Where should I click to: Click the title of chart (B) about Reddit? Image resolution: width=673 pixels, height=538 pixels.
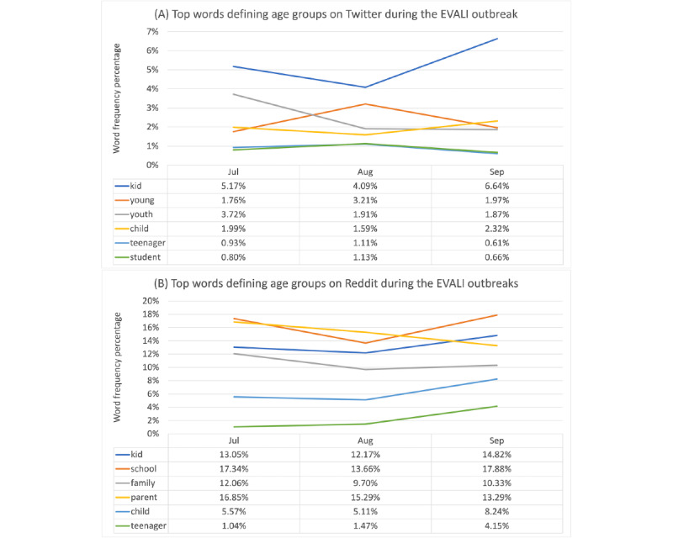click(x=336, y=283)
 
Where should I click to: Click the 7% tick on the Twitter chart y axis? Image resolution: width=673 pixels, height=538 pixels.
click(x=153, y=31)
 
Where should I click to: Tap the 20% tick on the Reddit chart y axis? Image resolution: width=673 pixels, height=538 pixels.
click(x=151, y=301)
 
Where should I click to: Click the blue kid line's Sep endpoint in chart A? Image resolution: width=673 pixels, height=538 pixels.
click(x=497, y=39)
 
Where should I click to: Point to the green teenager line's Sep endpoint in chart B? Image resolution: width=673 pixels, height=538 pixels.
click(x=497, y=406)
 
